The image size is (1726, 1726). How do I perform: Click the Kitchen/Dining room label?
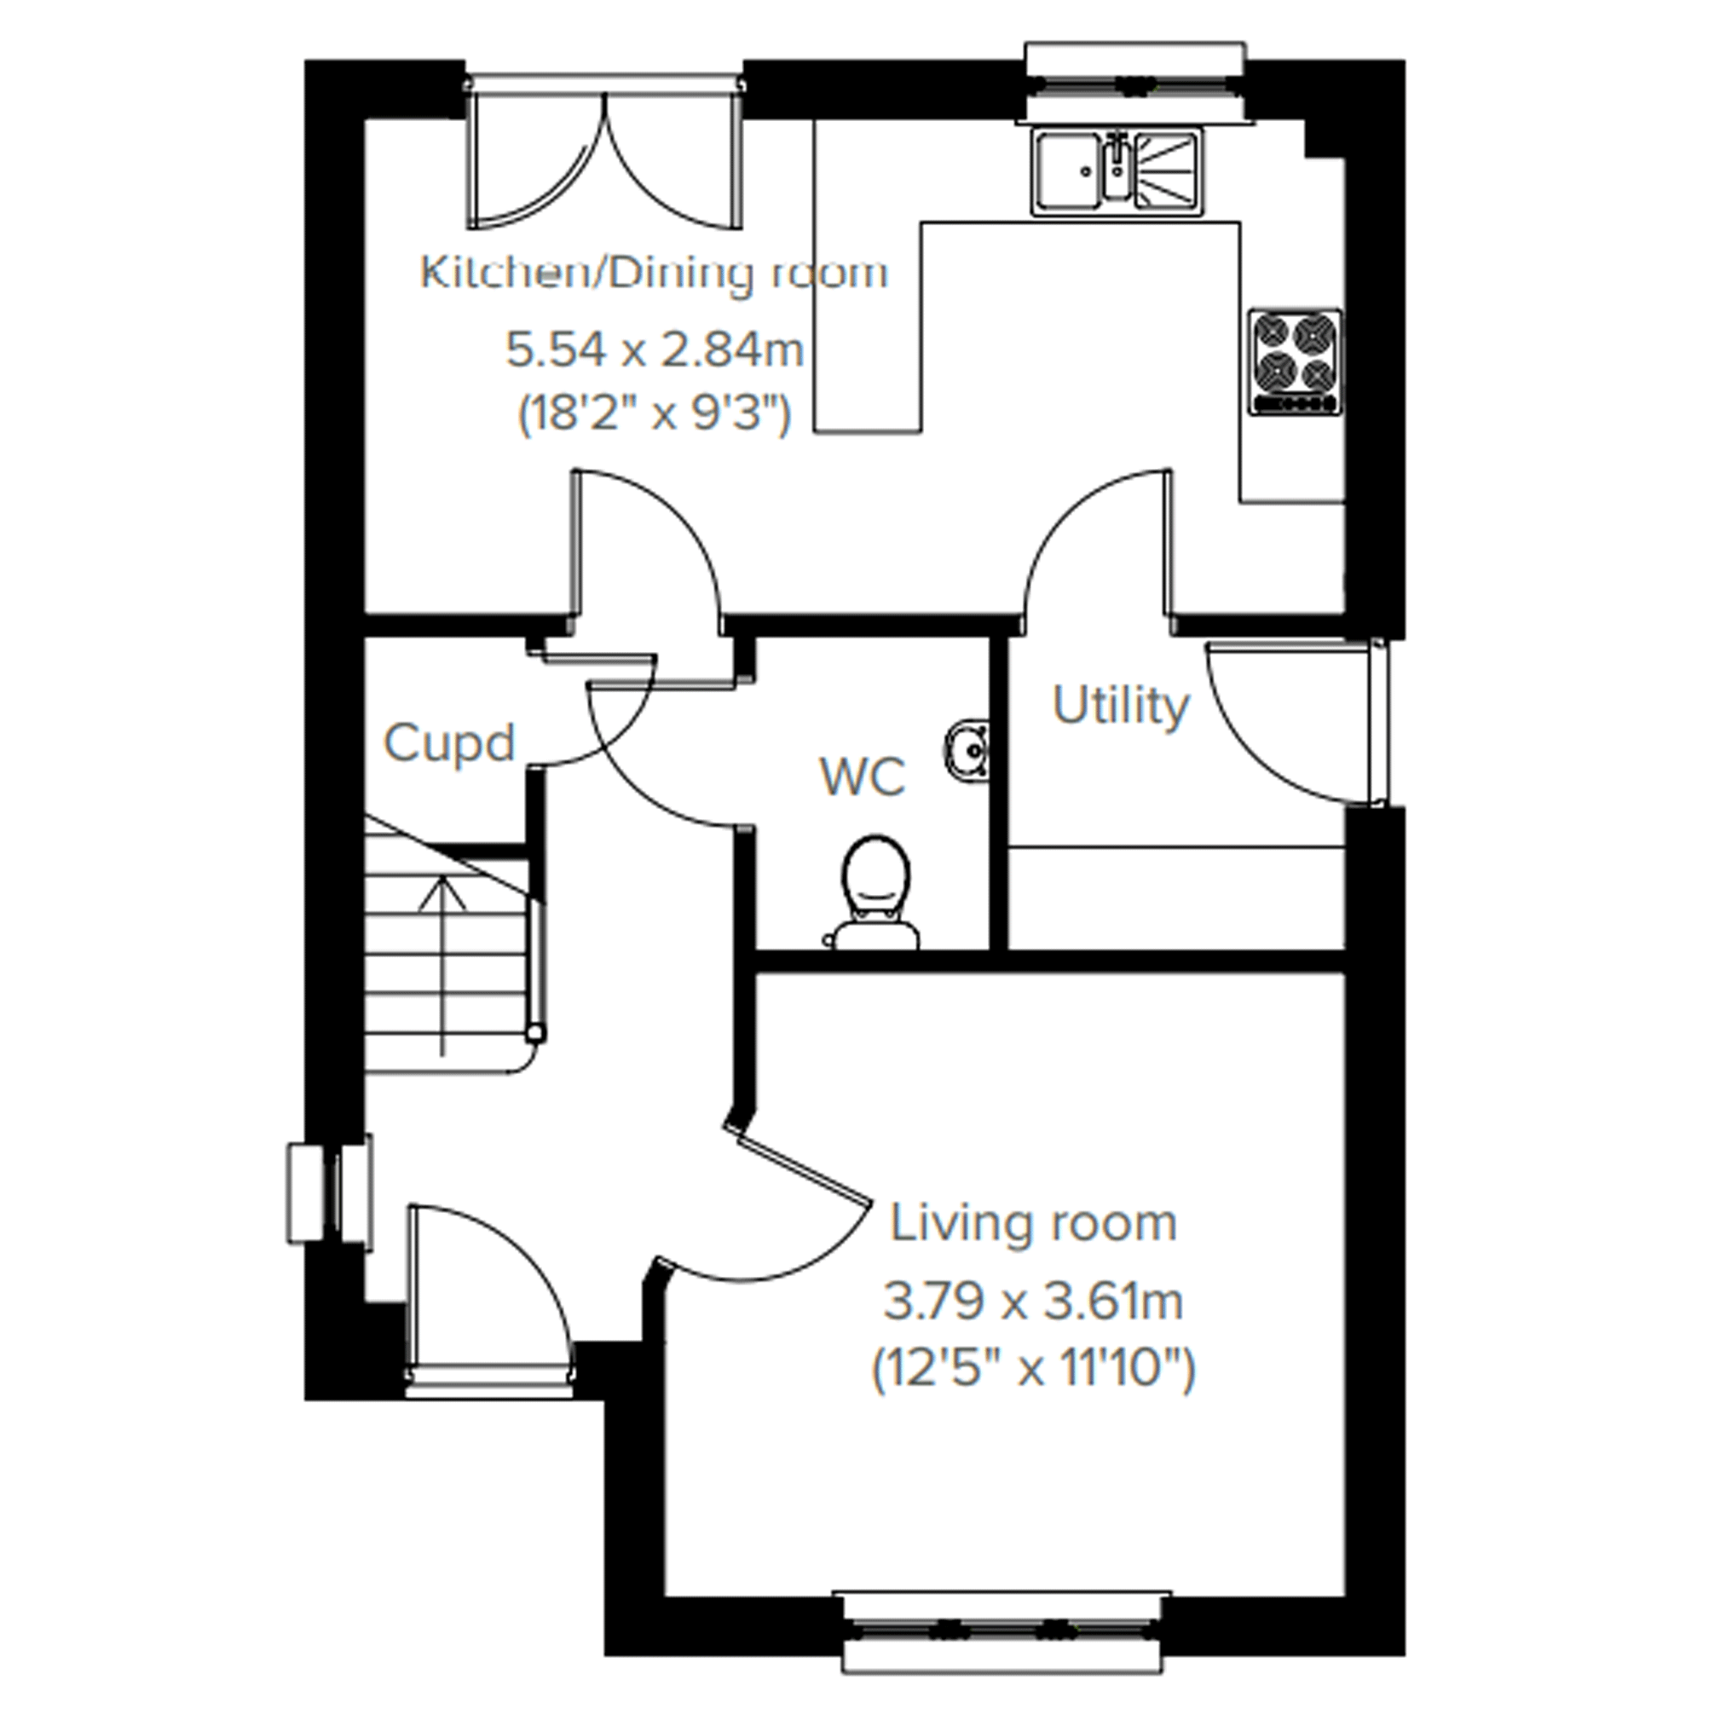point(654,273)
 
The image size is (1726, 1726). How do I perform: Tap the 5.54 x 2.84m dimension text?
point(655,349)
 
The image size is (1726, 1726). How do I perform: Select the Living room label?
point(1033,1223)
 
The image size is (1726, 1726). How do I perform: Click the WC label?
point(863,776)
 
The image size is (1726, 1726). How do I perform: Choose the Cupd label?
point(449,743)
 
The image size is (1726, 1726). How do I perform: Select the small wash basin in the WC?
point(966,745)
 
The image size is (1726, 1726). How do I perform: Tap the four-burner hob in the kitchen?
point(1296,361)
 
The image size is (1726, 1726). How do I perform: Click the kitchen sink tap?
point(1116,165)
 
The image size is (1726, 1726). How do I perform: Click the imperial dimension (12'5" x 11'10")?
point(1033,1368)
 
